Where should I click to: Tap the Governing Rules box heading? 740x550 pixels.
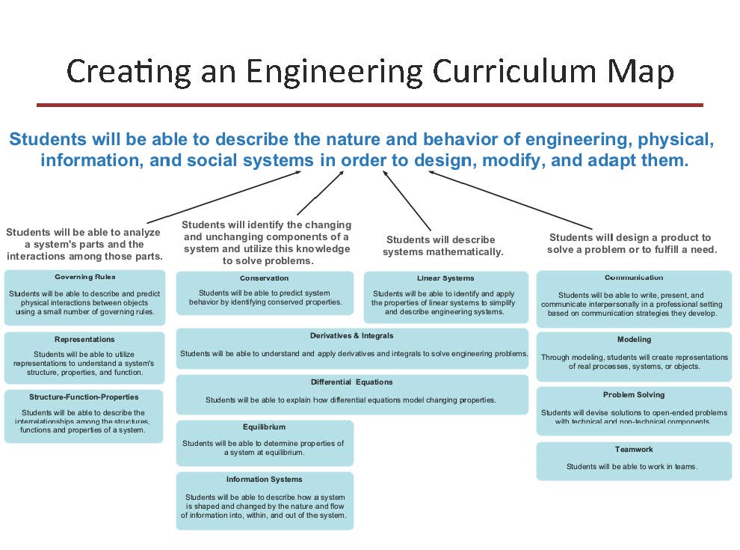point(84,277)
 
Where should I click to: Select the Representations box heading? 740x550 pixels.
point(84,339)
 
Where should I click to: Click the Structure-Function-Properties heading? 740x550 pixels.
point(84,397)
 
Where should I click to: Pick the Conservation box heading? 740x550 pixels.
point(265,278)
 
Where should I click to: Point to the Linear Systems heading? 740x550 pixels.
point(445,278)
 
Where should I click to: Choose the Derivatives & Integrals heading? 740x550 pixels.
point(351,335)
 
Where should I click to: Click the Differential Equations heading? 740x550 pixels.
point(351,382)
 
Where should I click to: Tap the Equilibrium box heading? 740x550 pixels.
point(264,427)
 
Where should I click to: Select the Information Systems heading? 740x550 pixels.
point(265,479)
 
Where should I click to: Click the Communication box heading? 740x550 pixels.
point(634,278)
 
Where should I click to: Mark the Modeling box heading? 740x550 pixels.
point(634,339)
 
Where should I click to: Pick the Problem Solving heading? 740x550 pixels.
point(634,394)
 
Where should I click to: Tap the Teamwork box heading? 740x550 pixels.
point(634,449)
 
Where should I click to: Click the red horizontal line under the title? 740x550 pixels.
point(370,105)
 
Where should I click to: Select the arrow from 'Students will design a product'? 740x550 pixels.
point(508,200)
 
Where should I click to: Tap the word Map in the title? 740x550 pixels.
point(644,72)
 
